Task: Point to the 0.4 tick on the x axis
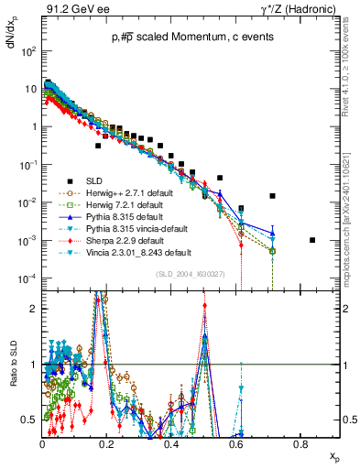[x=171, y=443]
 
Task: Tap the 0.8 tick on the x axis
[x=300, y=443]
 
